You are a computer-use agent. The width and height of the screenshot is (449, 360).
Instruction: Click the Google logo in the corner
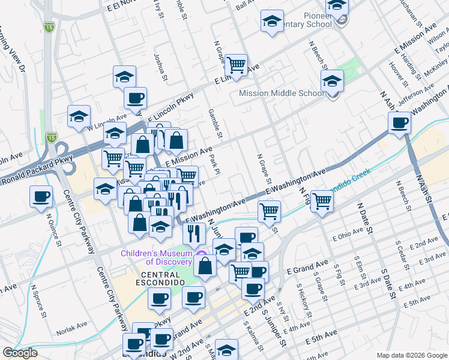20,353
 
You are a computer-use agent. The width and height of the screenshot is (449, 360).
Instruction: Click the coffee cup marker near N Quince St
41,196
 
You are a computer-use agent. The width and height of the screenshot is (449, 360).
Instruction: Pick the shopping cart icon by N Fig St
322,201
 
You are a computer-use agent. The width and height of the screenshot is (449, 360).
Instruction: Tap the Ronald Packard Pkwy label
36,171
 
